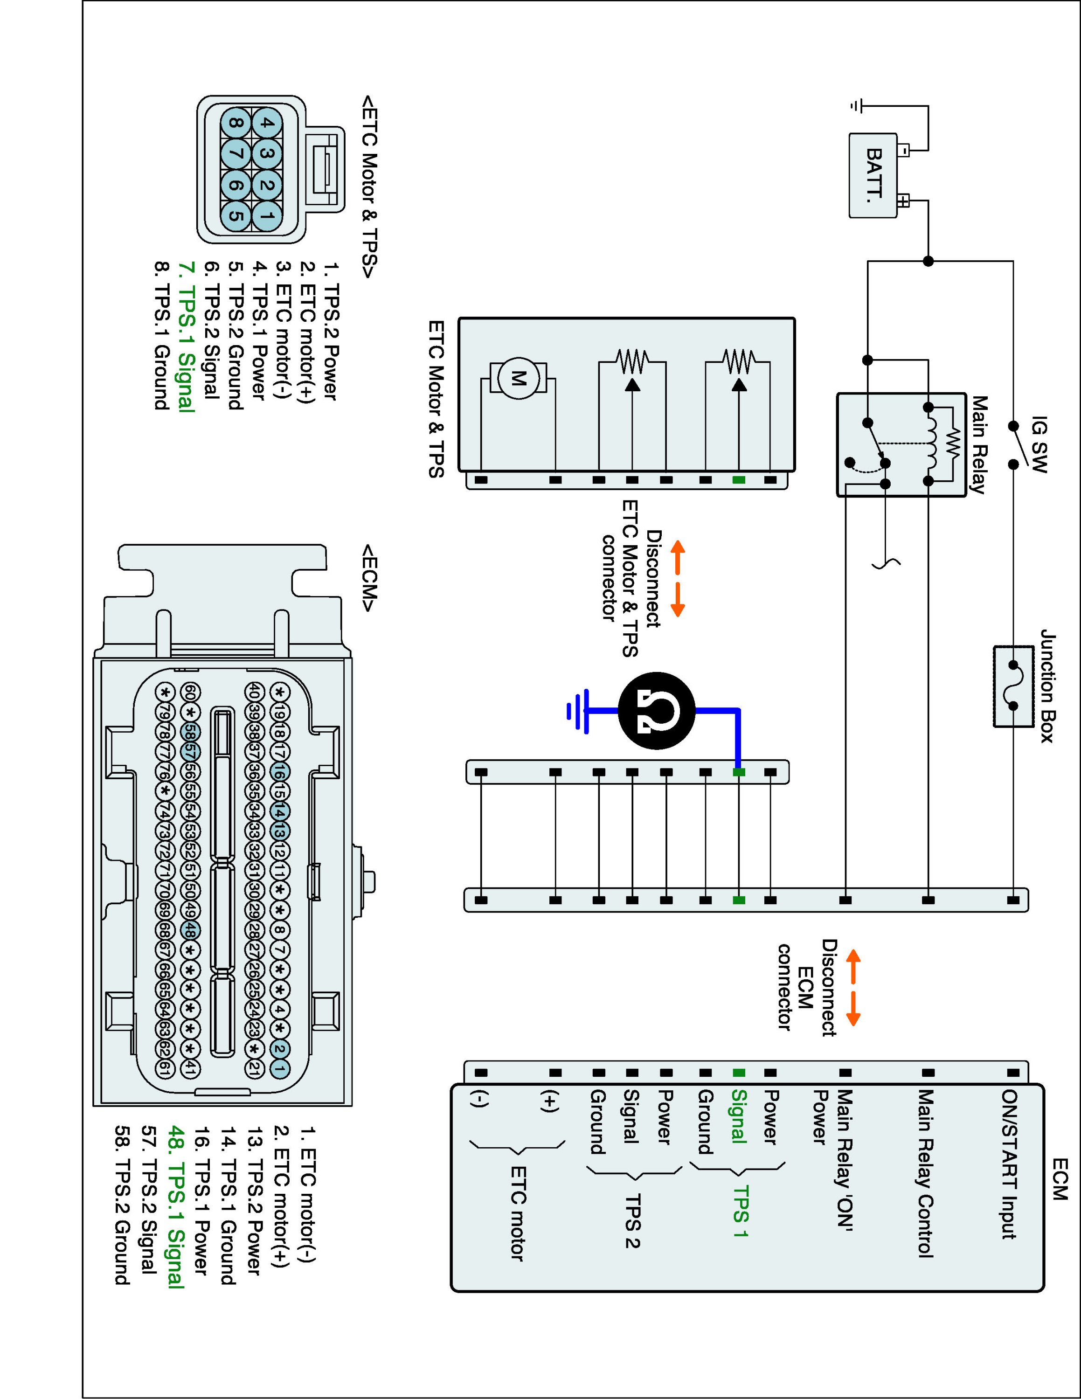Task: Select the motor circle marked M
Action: (x=518, y=379)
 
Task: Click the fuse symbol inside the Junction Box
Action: (x=1013, y=686)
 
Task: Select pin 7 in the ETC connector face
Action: (x=235, y=154)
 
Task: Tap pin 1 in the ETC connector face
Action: (x=268, y=216)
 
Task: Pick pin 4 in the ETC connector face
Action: (x=268, y=123)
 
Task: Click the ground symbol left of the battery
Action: (x=857, y=106)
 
